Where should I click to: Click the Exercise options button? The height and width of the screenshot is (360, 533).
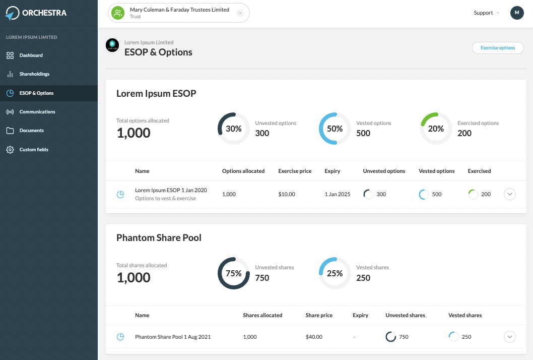pyautogui.click(x=498, y=48)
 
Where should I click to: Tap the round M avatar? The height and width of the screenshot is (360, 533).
pyautogui.click(x=517, y=13)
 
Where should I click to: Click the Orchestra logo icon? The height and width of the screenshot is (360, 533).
pyautogui.click(x=12, y=13)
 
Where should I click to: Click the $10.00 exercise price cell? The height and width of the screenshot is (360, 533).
pyautogui.click(x=287, y=194)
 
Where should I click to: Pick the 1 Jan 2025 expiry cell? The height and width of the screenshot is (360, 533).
pyautogui.click(x=337, y=194)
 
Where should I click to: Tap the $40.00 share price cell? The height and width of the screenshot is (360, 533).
pyautogui.click(x=314, y=337)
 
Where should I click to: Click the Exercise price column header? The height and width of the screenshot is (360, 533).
pyautogui.click(x=295, y=171)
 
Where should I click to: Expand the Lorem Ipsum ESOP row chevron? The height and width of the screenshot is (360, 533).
pyautogui.click(x=509, y=194)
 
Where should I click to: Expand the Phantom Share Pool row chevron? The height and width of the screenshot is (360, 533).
pyautogui.click(x=509, y=337)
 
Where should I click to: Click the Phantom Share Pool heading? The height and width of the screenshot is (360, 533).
pyautogui.click(x=159, y=238)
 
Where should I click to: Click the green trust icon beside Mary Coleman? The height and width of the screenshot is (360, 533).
pyautogui.click(x=118, y=13)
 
